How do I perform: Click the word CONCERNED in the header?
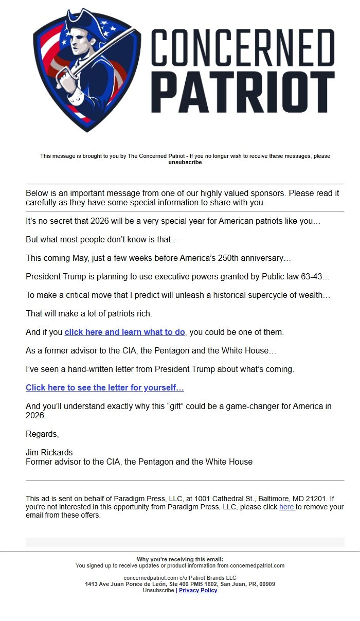pos(243,47)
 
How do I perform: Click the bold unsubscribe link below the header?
pos(185,163)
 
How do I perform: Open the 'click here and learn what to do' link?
pos(124,332)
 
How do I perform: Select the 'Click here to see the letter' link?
pos(105,388)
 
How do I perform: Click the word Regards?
pos(42,434)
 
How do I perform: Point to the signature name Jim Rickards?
pos(49,453)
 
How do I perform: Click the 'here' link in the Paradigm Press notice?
pos(286,507)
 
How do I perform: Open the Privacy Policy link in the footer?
pos(198,591)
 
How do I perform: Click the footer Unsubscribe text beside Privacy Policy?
pos(158,591)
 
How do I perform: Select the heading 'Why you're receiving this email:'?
pos(180,560)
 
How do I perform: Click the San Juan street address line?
pos(180,584)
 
